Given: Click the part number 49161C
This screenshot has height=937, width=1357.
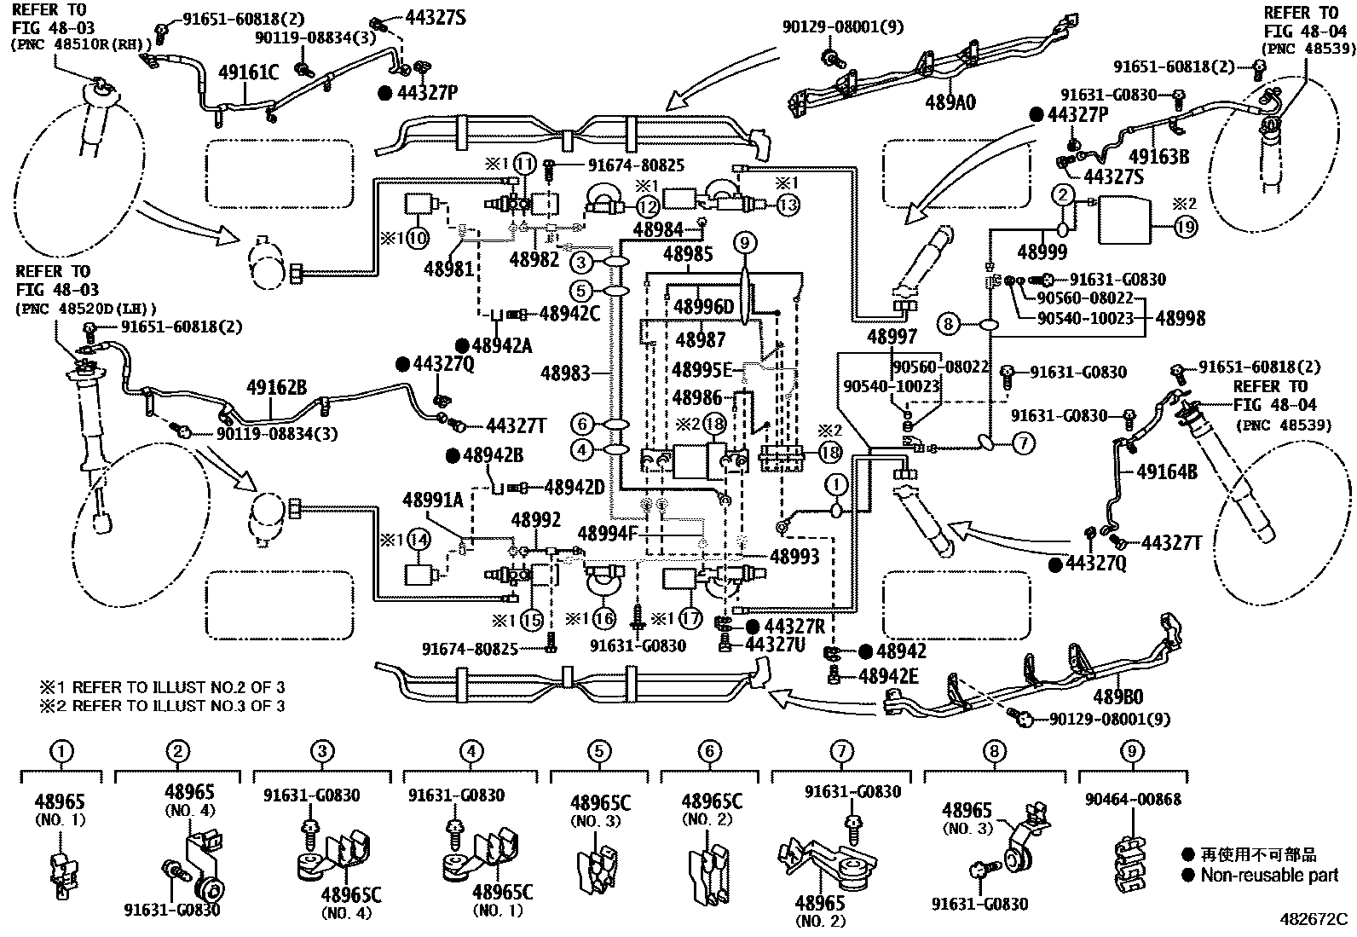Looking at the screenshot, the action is pos(248,72).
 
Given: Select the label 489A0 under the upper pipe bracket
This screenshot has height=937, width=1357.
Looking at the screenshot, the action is pos(950,102).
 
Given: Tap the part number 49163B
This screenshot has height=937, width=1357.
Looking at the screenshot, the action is pos(1159,156).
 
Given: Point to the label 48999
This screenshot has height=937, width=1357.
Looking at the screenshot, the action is pos(1042,252).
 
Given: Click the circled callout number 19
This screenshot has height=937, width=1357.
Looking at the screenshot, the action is pos(1186,227).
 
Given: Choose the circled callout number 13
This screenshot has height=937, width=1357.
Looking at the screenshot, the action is pos(788,205).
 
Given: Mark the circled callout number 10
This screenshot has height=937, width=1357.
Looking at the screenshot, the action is pos(418,238).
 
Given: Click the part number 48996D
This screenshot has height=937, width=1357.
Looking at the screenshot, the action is pos(703,307).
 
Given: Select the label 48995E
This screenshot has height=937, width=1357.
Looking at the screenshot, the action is pos(702,369).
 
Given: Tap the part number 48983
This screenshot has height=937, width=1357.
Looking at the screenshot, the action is pos(565,373).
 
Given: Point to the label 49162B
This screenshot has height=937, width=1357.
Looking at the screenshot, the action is pos(276,387).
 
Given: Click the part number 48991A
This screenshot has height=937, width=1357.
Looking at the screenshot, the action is pos(432,500).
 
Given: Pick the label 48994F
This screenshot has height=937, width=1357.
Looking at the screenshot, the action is pos(609,534).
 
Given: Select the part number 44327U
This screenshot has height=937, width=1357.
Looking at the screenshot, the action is pos(775,645).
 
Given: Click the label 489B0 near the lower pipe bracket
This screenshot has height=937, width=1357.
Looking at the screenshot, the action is pos(1118,697).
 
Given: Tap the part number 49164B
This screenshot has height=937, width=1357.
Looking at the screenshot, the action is pos(1167,471).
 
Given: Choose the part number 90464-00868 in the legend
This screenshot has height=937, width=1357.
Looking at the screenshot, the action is pos(1133,800).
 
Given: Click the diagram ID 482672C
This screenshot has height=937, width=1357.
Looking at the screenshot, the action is pos(1314,919).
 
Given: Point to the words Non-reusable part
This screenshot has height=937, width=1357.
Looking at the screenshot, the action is pos(1269,875).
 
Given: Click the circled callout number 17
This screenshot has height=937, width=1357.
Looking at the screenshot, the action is pos(690,619).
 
